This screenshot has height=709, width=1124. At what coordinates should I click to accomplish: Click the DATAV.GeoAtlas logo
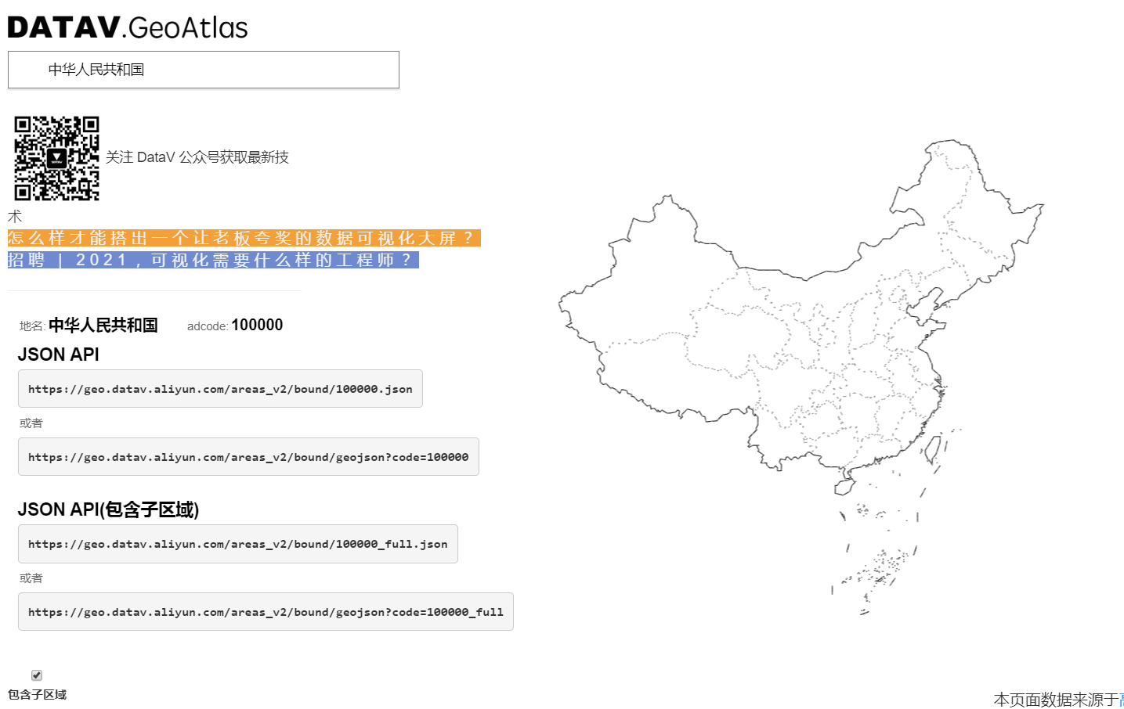128,27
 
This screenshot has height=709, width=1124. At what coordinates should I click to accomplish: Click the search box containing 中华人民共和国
204,70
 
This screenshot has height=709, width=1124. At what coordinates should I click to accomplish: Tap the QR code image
56,158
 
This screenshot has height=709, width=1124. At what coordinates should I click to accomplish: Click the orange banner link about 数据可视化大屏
244,238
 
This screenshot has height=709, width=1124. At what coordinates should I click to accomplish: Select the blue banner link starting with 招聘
213,260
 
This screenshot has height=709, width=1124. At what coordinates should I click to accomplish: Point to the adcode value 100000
257,326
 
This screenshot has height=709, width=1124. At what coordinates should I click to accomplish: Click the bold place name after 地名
103,326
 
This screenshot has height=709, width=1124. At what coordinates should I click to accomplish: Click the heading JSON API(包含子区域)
108,509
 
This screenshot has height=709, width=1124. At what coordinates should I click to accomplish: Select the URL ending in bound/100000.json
220,389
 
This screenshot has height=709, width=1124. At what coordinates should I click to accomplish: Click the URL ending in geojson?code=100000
248,457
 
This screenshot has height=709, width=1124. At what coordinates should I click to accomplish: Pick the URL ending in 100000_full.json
238,544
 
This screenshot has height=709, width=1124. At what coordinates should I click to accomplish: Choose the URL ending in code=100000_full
266,612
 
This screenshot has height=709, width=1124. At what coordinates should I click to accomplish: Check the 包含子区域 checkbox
37,675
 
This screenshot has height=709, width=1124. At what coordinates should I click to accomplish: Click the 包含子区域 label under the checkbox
37,695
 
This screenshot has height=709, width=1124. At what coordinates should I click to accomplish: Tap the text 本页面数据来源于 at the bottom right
1056,700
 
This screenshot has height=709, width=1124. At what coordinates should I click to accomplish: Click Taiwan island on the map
932,450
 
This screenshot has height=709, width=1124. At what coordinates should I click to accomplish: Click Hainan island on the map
844,488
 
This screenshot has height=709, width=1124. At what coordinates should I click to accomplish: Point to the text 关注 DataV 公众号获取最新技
197,157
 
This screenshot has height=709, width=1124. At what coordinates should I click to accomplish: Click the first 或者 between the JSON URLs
31,423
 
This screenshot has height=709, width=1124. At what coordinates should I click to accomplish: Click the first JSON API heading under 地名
59,354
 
